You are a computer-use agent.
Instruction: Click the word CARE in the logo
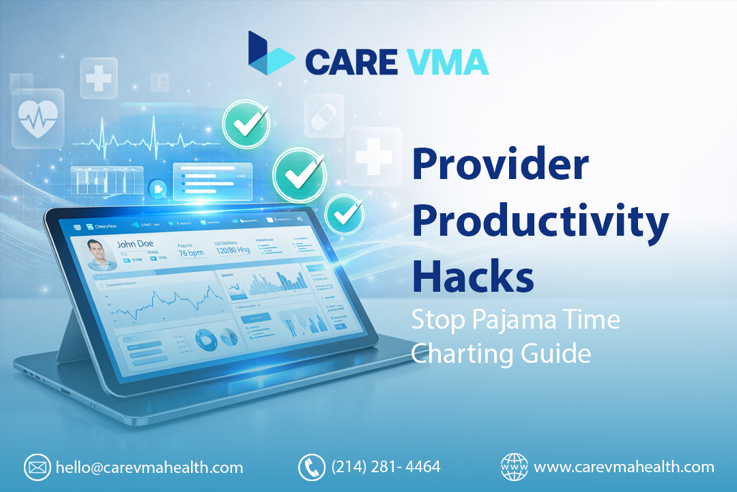coord(351,61)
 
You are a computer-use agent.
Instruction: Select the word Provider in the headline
coord(500,167)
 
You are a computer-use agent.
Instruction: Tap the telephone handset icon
coord(312,467)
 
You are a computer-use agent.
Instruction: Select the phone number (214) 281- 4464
coord(386,467)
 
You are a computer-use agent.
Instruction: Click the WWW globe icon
coord(514,467)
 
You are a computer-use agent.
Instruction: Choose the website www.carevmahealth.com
coord(624,467)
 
